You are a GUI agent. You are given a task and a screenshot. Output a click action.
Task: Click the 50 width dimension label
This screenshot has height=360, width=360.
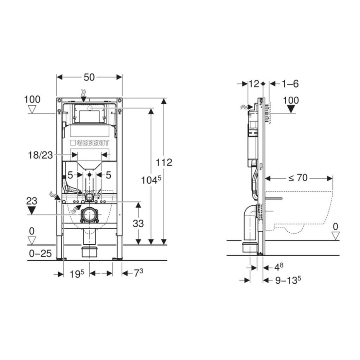pos(90,77)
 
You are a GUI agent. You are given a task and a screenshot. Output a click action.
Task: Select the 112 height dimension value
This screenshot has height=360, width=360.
pos(164,162)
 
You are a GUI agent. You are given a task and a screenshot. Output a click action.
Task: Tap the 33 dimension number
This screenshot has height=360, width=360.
pos(138,223)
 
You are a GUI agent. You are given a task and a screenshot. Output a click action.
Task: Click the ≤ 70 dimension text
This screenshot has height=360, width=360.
pos(298,178)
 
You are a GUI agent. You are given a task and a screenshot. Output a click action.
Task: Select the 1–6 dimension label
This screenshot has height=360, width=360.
pos(290,84)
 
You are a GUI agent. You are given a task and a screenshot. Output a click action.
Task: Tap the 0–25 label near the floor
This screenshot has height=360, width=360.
pos(40,253)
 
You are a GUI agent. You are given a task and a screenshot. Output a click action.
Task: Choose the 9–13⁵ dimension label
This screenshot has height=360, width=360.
pos(288,280)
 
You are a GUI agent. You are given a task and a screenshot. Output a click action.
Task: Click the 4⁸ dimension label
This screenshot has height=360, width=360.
pos(279,266)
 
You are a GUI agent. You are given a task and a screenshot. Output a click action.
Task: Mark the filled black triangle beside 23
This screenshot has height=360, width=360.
pos(32,210)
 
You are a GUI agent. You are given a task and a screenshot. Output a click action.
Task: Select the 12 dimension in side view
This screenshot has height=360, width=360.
pos(253,84)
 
